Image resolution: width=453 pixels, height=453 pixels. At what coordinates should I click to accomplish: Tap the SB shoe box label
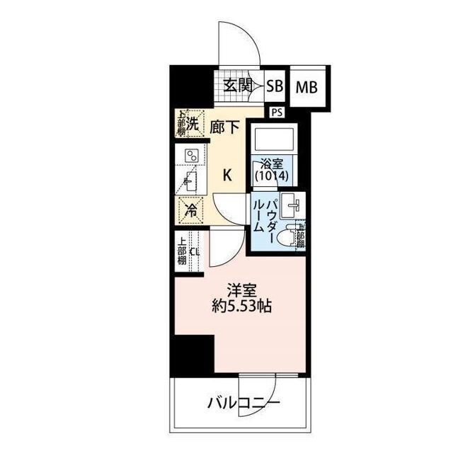275,86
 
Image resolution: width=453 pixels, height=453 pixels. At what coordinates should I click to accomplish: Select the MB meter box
306,87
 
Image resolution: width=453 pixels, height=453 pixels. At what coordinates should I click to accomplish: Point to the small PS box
275,111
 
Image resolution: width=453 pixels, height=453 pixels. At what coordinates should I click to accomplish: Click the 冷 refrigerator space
190,209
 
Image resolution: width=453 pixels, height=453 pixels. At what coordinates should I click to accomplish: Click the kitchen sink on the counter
190,183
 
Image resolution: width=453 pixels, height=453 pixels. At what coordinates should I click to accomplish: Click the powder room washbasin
292,207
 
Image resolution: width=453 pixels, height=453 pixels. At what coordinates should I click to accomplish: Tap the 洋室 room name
239,290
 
